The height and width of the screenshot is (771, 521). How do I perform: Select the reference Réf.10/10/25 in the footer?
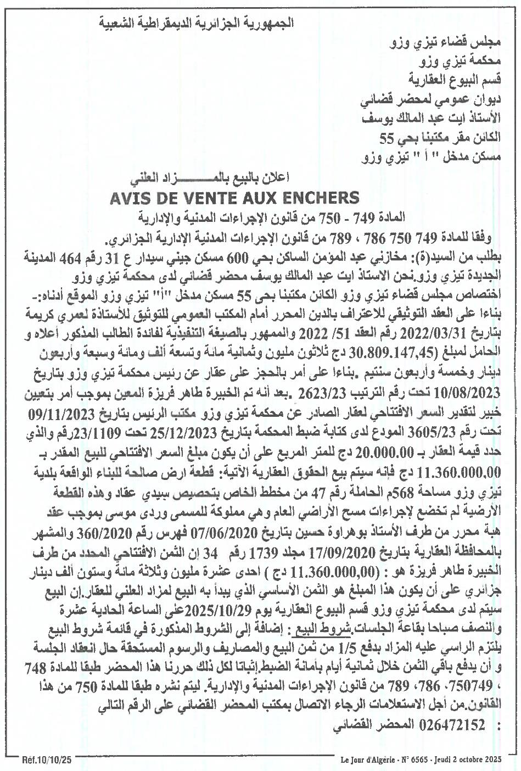47,761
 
